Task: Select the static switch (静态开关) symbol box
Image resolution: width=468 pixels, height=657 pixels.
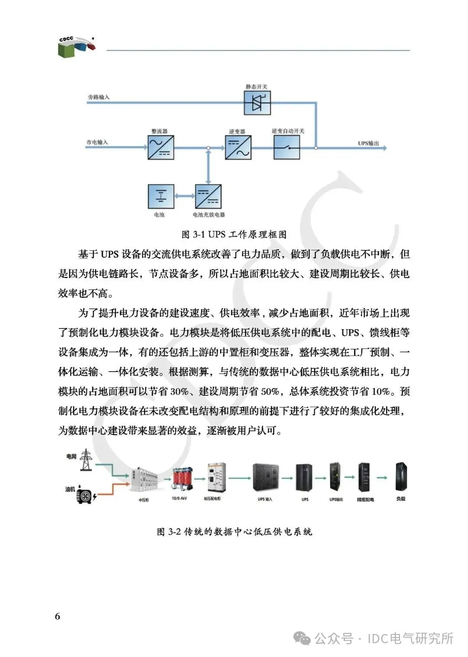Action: [x=257, y=103]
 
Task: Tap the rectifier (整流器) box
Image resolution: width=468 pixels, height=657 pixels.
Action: [x=161, y=148]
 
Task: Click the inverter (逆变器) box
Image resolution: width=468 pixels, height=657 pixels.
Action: [x=238, y=147]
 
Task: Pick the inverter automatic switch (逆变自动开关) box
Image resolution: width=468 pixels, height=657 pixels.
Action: [x=286, y=148]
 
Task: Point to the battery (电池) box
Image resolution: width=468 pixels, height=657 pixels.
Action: [x=161, y=196]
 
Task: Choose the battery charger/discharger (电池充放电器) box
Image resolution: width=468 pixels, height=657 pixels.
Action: [x=208, y=196]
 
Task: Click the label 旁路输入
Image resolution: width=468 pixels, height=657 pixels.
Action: [x=99, y=97]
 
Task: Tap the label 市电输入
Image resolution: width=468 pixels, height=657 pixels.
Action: [x=97, y=142]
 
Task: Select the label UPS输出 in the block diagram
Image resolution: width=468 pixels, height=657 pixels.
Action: [x=368, y=143]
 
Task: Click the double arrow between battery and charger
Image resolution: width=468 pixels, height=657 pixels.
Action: [x=185, y=196]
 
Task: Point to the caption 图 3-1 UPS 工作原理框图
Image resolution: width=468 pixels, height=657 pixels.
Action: [x=234, y=234]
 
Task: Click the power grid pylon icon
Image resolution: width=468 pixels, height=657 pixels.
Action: [x=86, y=460]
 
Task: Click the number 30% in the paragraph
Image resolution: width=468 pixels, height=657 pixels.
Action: [x=179, y=392]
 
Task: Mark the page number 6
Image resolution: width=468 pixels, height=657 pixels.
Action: [x=58, y=616]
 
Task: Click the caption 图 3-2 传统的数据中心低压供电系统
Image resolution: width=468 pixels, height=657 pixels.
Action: [x=234, y=531]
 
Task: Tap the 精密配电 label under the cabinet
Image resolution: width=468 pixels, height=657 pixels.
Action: [x=365, y=499]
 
